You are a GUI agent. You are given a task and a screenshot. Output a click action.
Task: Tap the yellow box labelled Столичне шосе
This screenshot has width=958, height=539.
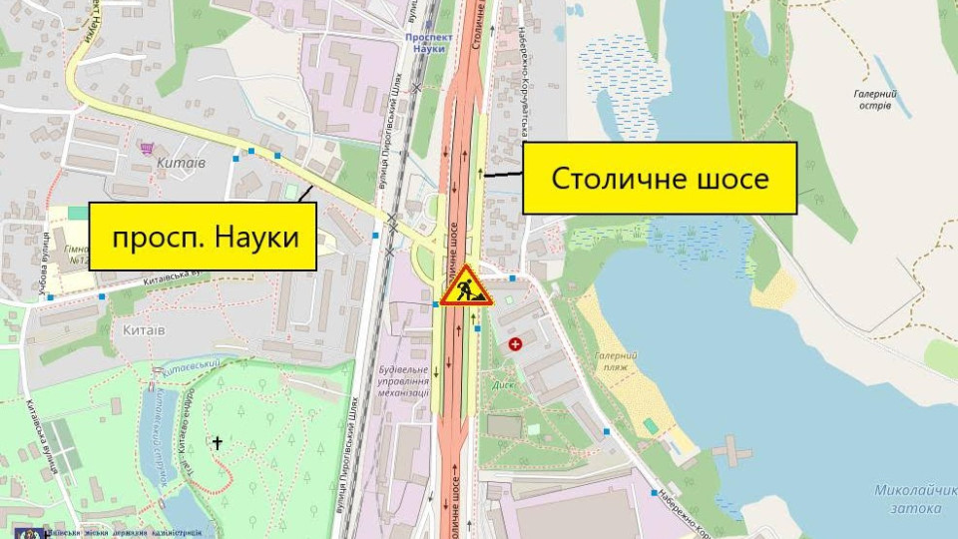tap(660, 179)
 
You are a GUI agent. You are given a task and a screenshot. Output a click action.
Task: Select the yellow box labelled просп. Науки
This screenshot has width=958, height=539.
tap(204, 238)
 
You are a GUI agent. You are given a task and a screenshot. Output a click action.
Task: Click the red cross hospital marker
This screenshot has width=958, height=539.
tap(515, 344)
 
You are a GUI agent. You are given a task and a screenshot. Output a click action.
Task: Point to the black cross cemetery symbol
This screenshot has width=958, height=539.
tap(217, 441)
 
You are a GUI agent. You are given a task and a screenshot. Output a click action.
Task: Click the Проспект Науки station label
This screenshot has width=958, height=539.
tap(430, 42)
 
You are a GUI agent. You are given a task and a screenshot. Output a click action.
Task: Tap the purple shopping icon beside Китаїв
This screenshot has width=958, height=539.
tap(148, 148)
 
